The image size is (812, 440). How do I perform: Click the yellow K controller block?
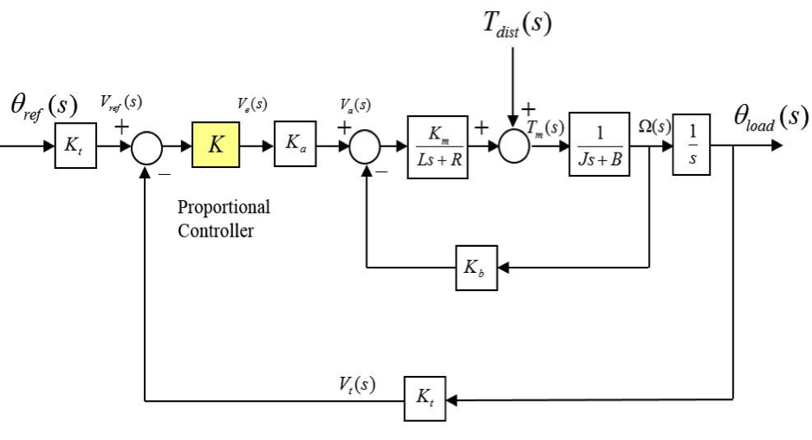tap(215, 144)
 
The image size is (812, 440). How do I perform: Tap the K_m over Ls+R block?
tap(438, 144)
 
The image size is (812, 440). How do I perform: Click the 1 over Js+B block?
tap(599, 144)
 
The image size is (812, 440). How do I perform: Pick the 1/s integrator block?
tap(692, 144)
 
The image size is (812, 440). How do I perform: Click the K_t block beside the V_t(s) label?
tap(425, 400)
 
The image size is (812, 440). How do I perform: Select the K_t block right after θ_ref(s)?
tap(75, 144)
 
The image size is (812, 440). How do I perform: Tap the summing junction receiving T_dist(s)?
tap(516, 144)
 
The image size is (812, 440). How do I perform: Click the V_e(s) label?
tap(252, 104)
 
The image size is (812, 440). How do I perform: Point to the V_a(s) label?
tap(355, 106)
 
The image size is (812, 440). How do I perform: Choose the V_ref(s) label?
tap(121, 102)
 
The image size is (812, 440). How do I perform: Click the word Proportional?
tap(224, 208)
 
